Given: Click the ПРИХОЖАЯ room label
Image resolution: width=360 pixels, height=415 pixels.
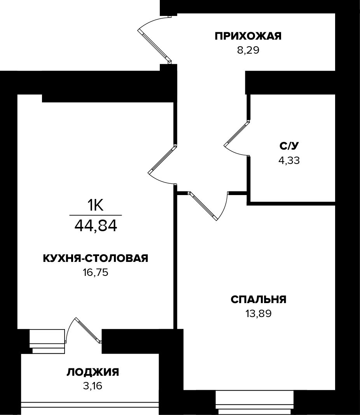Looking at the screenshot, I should point(248,37).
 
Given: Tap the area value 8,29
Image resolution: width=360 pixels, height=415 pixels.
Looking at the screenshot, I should point(248,51).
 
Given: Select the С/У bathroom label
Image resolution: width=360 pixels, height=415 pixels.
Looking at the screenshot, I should point(289,146).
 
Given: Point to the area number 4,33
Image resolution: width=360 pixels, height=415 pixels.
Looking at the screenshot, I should point(289,160).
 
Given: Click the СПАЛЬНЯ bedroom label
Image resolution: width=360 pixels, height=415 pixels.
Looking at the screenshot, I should point(259,300).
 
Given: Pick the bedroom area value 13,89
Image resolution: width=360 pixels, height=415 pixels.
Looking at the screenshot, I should point(259,314).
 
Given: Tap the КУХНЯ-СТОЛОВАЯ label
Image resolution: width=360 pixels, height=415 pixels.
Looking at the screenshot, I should point(95,258).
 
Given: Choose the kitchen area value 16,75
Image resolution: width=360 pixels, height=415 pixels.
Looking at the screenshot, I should point(95,272).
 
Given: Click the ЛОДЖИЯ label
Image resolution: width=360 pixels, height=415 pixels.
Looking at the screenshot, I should point(93,372).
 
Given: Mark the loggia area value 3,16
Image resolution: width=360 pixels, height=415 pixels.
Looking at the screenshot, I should point(93,386).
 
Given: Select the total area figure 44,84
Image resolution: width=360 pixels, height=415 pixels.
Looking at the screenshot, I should point(96,225).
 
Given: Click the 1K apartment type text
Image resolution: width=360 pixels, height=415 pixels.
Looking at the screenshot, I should point(95,205).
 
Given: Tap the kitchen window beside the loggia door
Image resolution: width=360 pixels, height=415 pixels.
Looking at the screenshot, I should point(47,341).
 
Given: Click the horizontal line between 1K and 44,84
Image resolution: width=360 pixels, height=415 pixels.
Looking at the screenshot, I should point(96,215).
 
